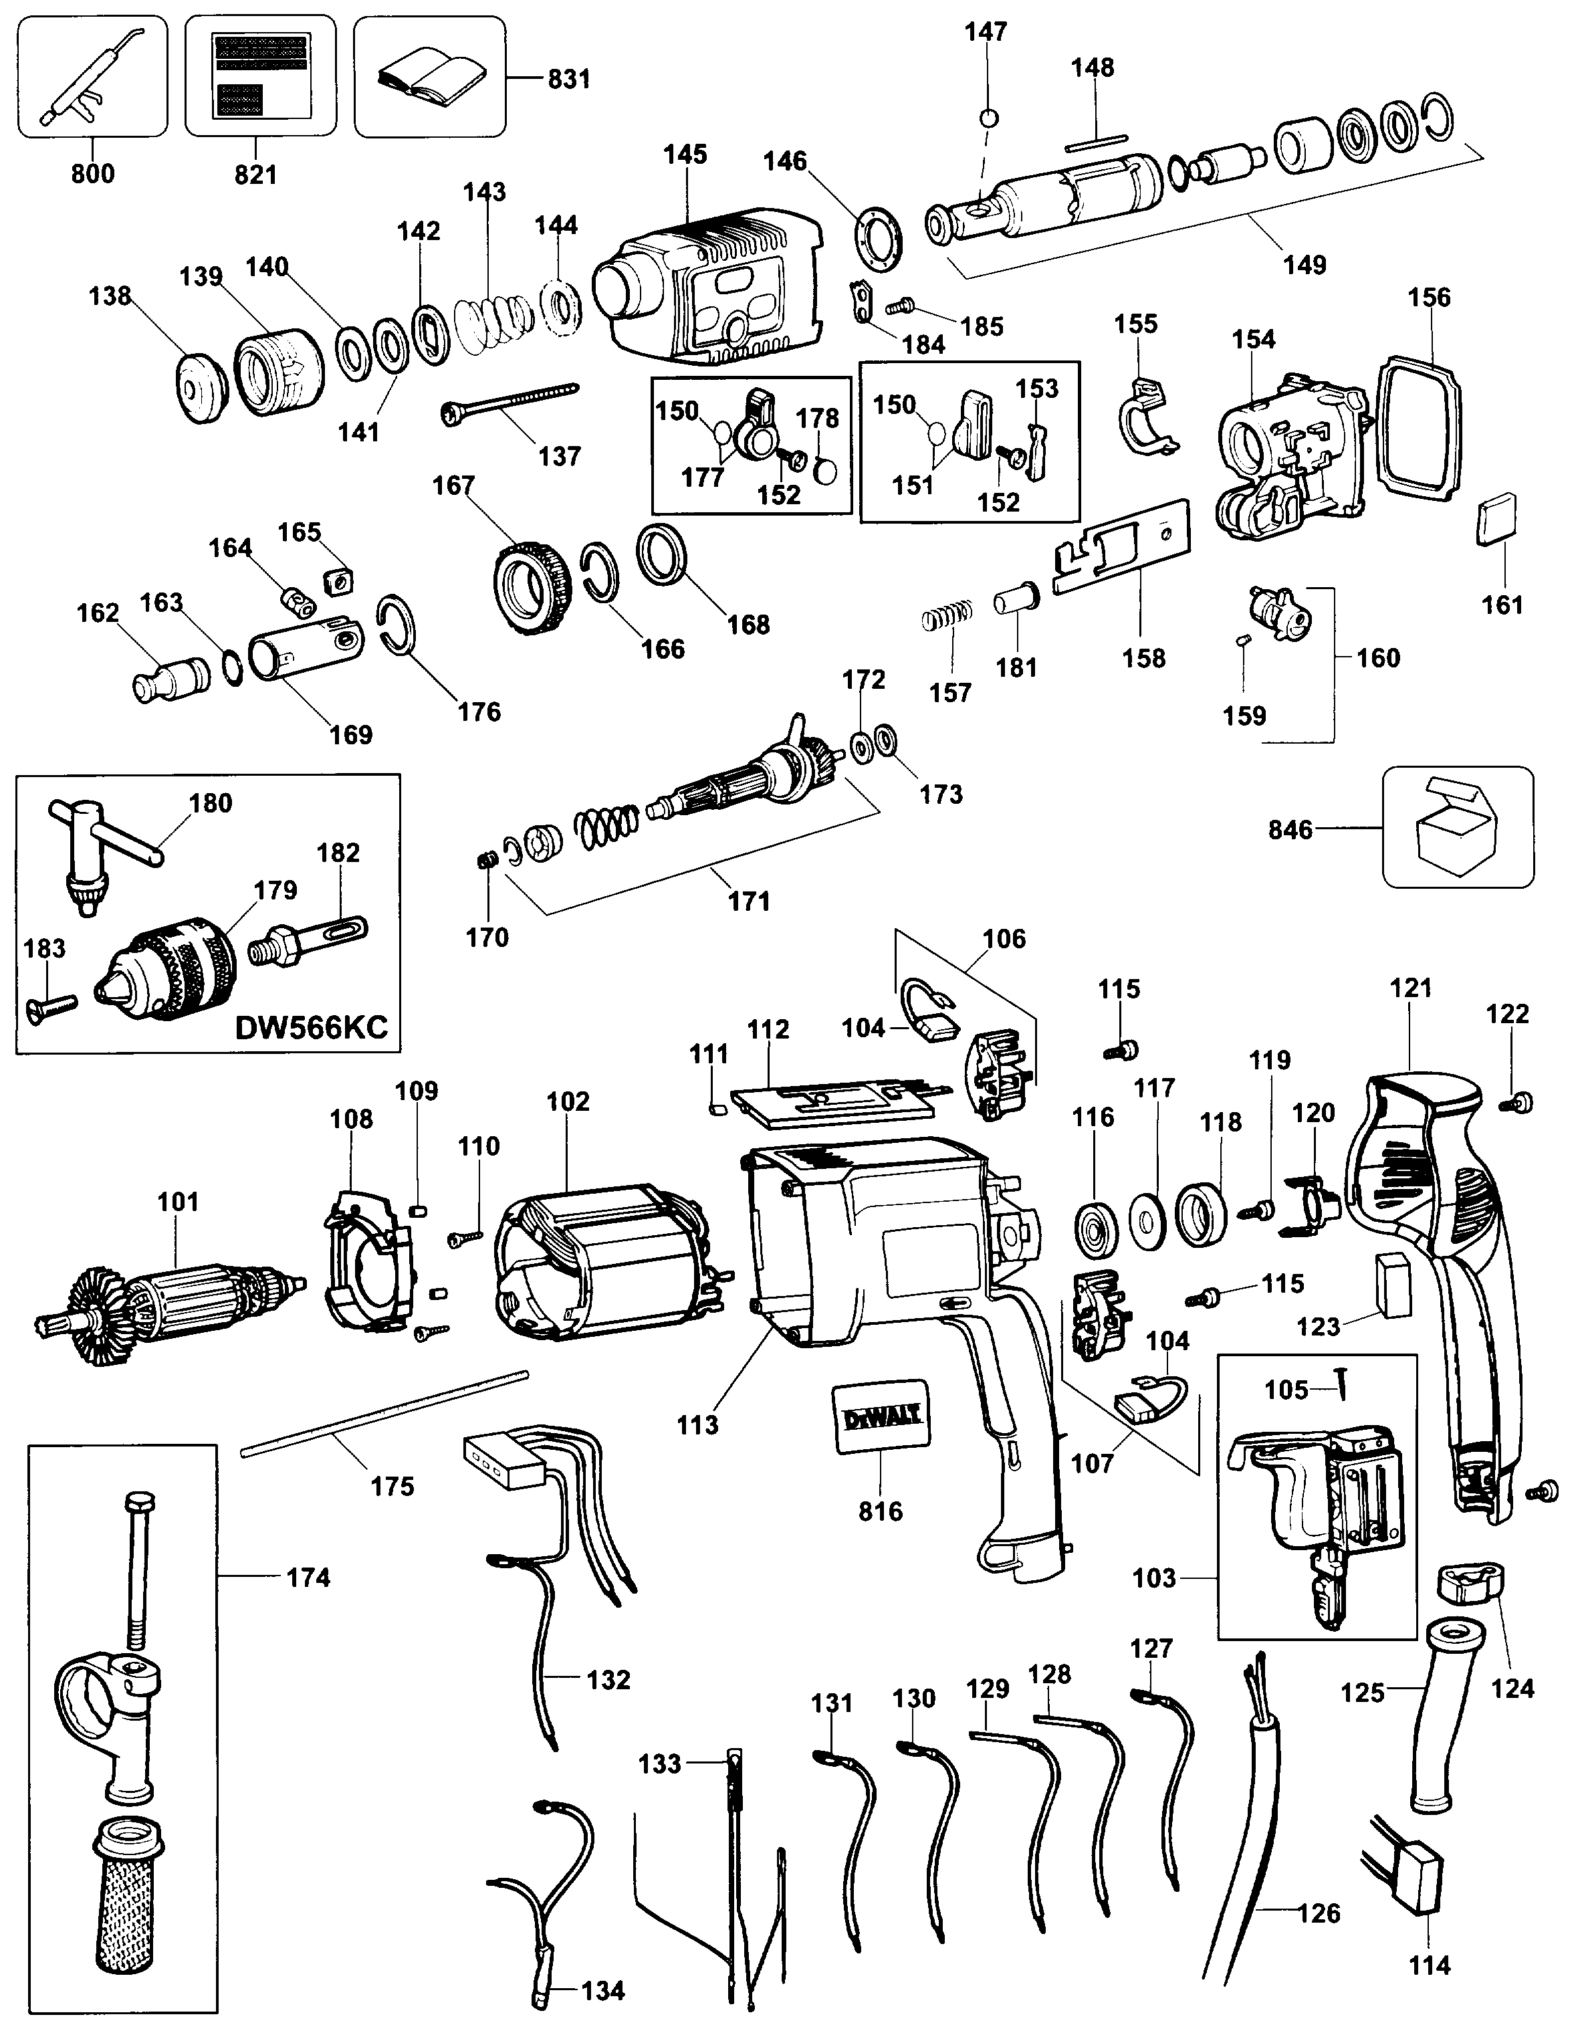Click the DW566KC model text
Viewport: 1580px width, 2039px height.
click(311, 1028)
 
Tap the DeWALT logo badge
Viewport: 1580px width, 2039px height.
click(881, 1417)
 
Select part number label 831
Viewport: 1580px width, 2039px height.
click(568, 80)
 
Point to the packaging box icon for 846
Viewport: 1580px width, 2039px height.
click(1457, 827)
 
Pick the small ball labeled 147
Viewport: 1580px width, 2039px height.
click(989, 118)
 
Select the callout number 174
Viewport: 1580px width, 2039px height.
click(308, 1577)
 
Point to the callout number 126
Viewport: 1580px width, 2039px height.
click(1319, 1913)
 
